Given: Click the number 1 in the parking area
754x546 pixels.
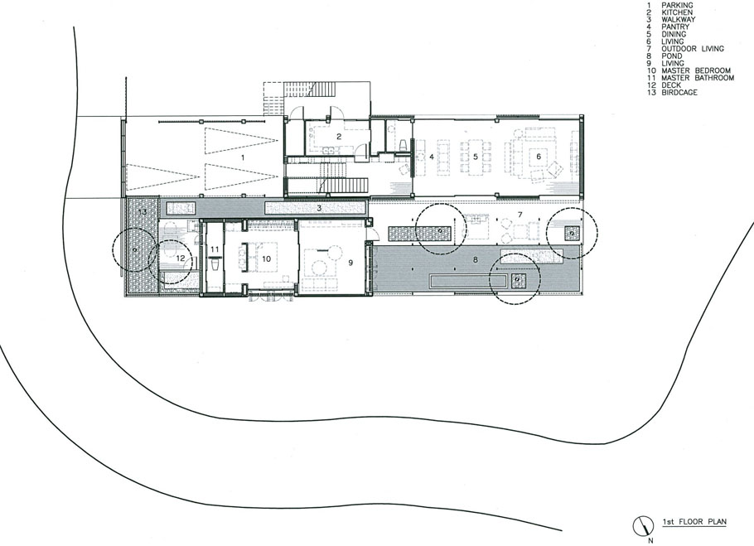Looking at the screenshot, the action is [243, 157].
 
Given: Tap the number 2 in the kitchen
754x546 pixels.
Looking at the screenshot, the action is [339, 137].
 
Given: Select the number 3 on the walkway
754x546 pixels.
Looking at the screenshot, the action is [319, 208].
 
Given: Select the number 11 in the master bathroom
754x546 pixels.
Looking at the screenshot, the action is [215, 249].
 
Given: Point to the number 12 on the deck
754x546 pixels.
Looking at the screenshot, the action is [181, 259].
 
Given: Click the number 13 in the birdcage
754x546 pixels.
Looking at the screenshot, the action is [143, 211].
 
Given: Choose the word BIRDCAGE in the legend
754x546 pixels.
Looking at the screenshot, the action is [679, 92].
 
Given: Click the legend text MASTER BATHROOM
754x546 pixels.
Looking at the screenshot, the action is [698, 78].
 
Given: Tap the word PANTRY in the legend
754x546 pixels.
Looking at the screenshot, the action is [675, 27].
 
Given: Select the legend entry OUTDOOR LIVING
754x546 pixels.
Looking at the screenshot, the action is [693, 49].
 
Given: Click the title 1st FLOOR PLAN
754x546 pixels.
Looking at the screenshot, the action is [694, 521].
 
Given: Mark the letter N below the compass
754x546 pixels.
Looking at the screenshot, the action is [651, 540].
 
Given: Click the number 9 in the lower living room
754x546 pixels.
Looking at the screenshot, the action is [350, 263].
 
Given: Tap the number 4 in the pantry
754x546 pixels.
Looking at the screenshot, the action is [432, 157].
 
